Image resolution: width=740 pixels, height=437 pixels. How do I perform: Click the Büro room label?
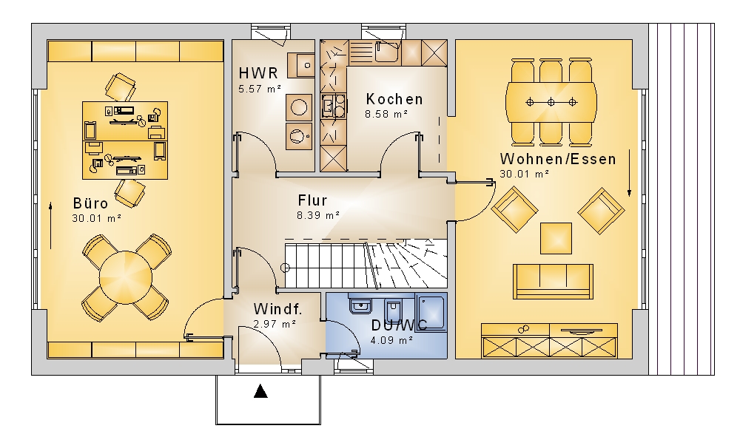90,203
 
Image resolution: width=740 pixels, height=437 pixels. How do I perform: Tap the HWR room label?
258,73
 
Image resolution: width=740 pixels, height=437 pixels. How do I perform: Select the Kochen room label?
394,99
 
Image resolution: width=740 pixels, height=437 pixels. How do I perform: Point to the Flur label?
312,200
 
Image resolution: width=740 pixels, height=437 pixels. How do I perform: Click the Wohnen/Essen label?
558,159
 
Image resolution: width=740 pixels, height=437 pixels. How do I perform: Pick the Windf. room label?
277,309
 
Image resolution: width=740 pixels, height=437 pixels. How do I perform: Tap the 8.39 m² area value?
318,215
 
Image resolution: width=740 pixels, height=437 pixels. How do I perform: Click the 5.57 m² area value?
260,88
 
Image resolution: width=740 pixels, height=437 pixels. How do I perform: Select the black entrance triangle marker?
260,391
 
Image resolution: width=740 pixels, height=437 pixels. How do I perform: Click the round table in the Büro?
126,278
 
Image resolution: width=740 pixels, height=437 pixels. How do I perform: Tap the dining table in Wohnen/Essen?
551,102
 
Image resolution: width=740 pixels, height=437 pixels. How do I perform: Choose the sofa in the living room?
553,281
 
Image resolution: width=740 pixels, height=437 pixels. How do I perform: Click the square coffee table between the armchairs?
556,239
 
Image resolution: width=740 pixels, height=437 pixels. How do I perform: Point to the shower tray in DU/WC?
431,311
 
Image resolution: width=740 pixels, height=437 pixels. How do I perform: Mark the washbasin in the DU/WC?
360,306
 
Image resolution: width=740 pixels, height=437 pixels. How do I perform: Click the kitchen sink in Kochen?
388,52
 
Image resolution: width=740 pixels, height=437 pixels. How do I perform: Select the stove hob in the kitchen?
334,106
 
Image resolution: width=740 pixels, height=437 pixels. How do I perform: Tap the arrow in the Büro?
50,226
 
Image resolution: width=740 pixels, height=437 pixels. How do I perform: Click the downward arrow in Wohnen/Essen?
629,173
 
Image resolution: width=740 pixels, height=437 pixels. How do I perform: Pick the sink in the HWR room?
301,65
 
